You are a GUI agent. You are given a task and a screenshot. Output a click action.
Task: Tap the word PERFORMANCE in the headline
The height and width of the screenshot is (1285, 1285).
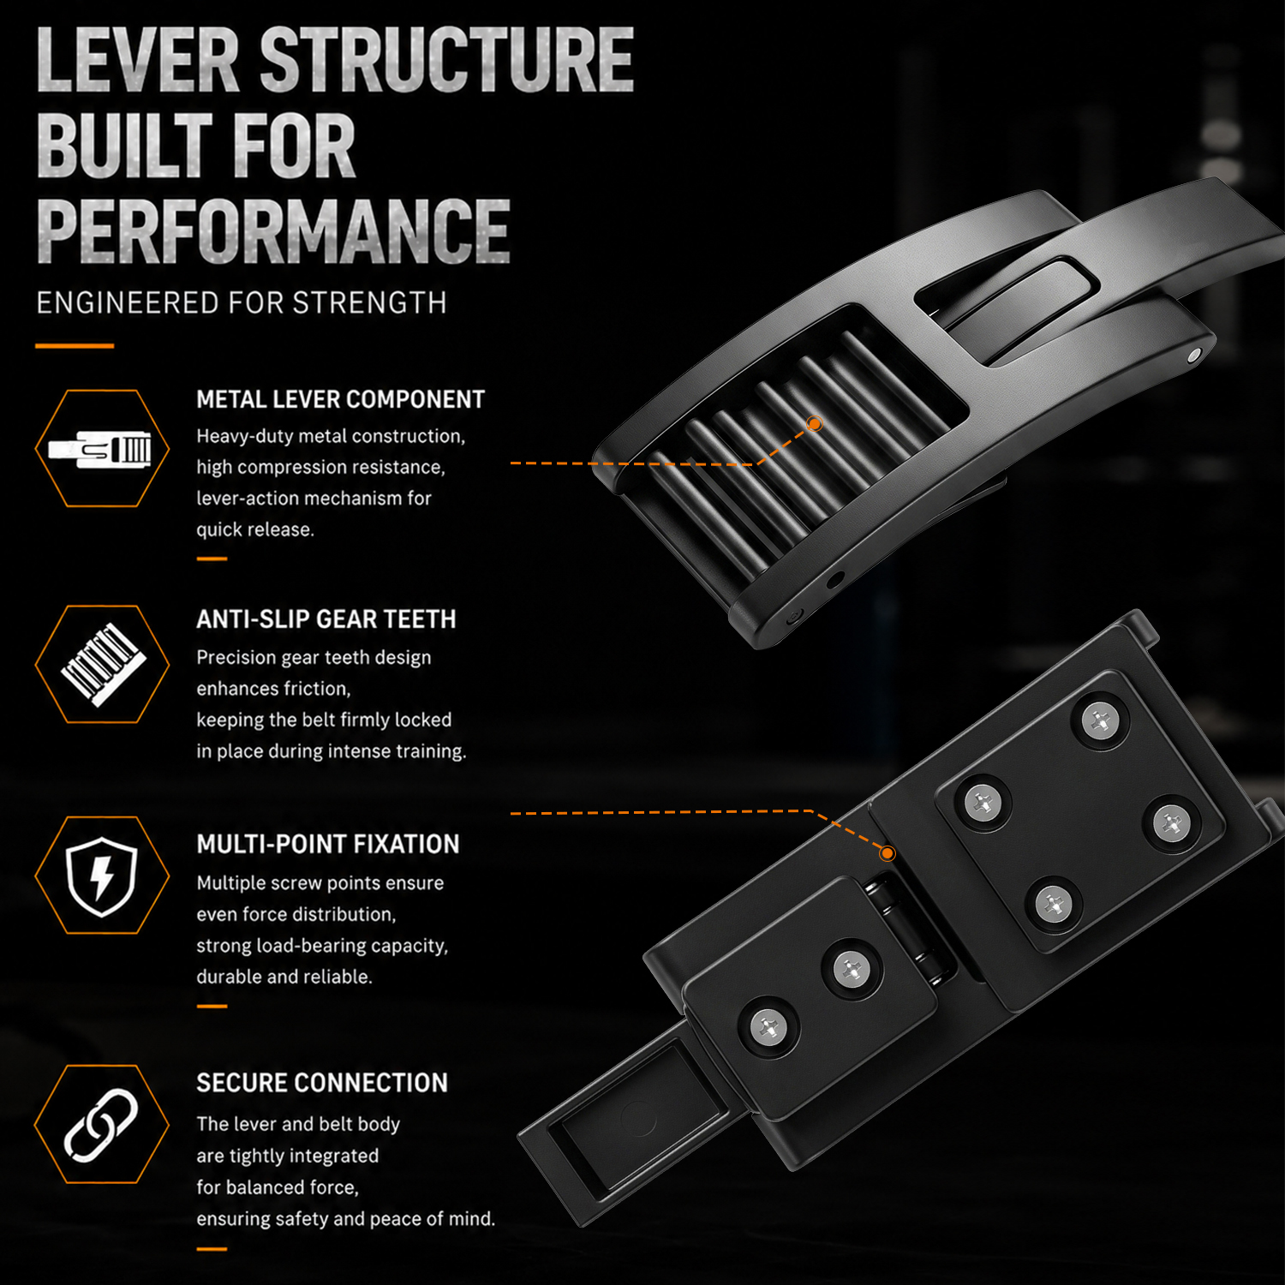click(x=273, y=230)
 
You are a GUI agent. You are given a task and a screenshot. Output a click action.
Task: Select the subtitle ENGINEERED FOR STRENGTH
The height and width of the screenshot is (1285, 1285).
click(x=241, y=303)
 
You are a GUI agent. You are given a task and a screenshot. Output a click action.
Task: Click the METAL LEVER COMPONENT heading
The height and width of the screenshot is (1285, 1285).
click(x=340, y=399)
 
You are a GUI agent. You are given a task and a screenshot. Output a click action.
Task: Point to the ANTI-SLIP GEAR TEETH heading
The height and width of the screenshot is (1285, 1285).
click(x=326, y=619)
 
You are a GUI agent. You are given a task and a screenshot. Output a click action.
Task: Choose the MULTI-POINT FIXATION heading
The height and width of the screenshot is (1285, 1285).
click(x=327, y=844)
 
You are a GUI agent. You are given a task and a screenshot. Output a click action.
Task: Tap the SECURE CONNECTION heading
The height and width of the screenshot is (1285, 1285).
click(x=321, y=1083)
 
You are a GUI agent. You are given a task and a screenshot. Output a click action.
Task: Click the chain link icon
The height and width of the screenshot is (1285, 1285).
click(x=101, y=1125)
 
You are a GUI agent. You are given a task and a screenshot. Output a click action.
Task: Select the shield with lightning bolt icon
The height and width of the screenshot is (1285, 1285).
click(x=102, y=876)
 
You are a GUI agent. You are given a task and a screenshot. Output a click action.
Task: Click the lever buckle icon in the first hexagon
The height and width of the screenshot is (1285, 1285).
click(x=100, y=449)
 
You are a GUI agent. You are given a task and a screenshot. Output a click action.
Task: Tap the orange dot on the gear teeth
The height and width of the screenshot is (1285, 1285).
click(x=815, y=423)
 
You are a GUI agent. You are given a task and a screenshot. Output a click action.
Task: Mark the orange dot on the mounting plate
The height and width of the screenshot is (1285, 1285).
click(x=888, y=853)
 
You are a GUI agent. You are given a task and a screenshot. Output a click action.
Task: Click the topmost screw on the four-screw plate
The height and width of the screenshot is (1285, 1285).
click(x=1101, y=722)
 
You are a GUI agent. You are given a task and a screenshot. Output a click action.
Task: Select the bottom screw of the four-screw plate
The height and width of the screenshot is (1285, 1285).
click(x=1053, y=903)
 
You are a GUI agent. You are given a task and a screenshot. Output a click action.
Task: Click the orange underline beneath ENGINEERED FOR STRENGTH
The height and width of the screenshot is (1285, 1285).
click(x=75, y=346)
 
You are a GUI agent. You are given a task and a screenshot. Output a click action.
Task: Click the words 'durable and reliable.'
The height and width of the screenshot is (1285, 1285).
click(x=284, y=977)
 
